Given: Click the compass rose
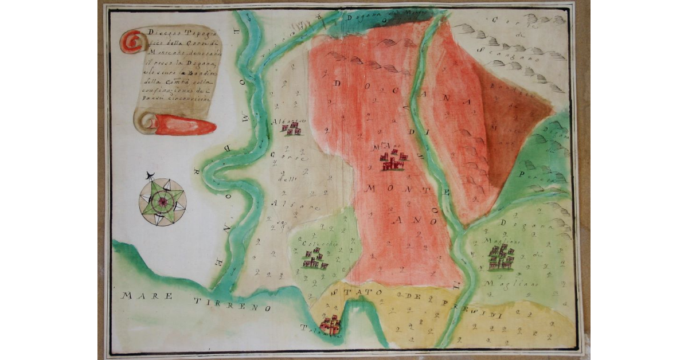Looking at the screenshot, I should [162, 201].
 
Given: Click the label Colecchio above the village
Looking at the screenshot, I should [323, 242].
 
